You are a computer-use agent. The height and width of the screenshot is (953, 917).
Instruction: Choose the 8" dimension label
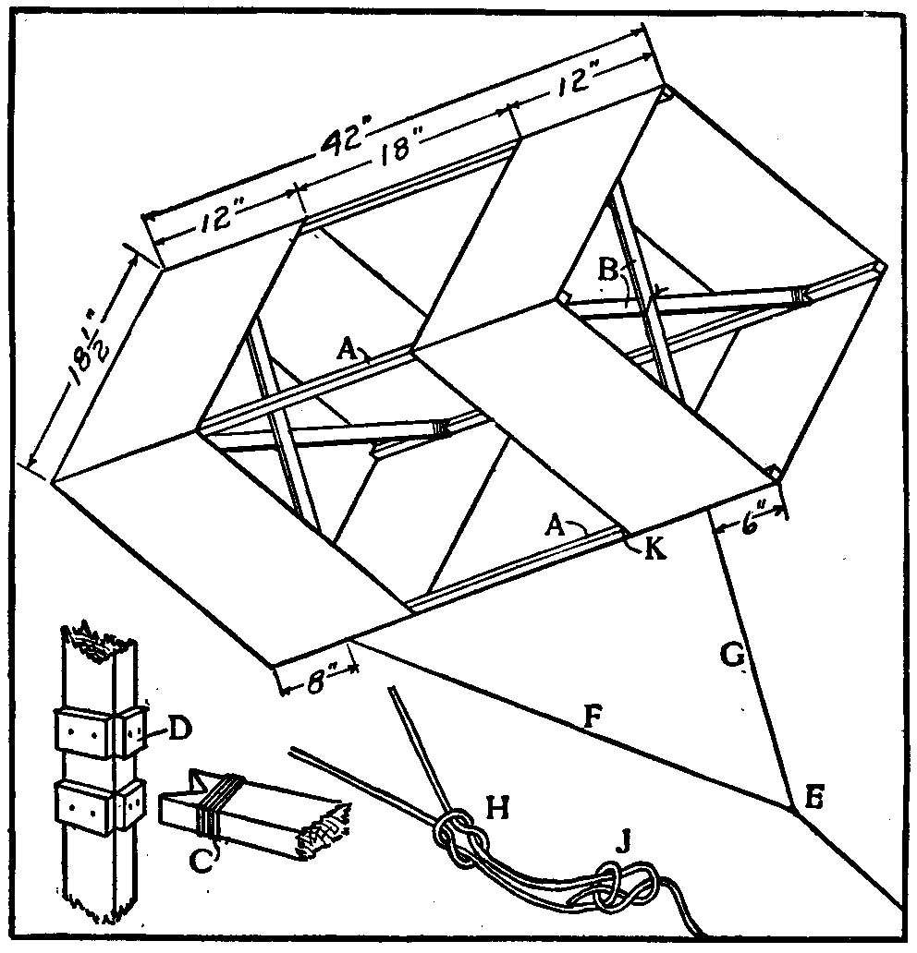click(x=318, y=664)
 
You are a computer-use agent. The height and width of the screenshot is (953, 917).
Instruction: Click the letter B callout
click(x=607, y=270)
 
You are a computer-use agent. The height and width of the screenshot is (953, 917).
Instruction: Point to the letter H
click(x=495, y=809)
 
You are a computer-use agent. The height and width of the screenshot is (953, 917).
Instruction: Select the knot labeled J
click(x=624, y=885)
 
